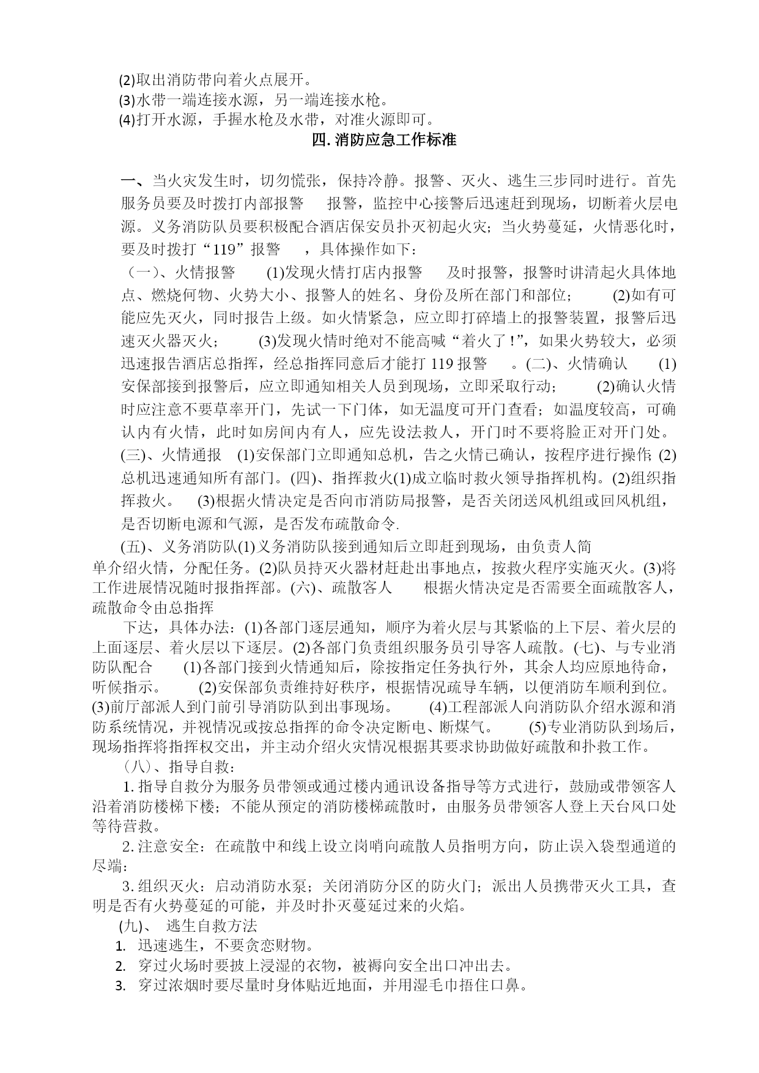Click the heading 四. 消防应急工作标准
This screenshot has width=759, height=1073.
coord(384,139)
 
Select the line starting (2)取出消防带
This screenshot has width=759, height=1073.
coord(216,80)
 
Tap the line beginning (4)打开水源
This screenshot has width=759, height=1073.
coord(276,119)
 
